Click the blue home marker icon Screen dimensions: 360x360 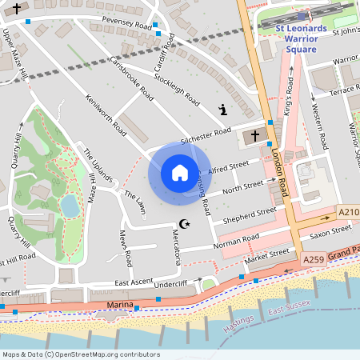coord(180,173)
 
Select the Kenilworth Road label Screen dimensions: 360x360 coord(106,113)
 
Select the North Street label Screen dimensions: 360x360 coord(242,187)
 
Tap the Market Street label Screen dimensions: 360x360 coord(266,254)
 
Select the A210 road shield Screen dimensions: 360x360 coord(349,212)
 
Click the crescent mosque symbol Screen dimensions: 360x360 coord(185,224)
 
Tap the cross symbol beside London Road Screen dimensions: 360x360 coord(255,135)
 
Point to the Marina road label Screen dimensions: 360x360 coord(118,306)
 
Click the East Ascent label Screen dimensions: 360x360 coord(133,283)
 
